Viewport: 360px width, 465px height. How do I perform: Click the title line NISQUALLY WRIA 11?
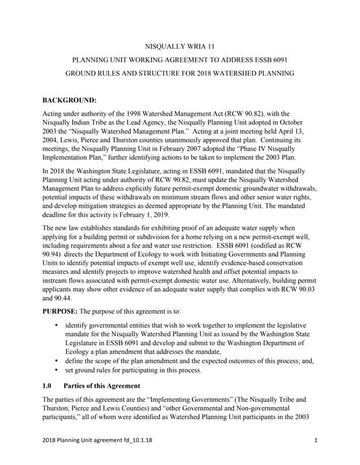click(x=180, y=46)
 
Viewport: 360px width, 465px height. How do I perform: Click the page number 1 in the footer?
click(x=317, y=441)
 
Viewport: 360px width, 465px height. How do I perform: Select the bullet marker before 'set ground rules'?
click(x=57, y=370)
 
